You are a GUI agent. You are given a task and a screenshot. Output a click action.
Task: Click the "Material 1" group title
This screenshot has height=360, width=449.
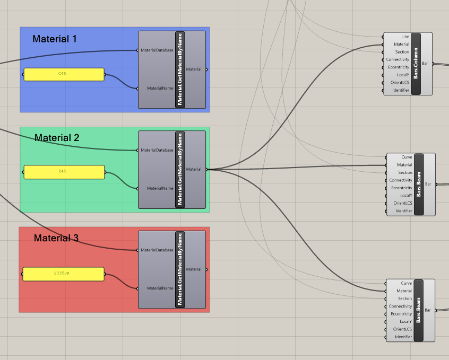click(55, 39)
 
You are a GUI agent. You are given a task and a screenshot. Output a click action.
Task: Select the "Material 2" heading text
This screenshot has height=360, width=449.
click(57, 138)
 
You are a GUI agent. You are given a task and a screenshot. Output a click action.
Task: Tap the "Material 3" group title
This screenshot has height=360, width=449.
click(56, 238)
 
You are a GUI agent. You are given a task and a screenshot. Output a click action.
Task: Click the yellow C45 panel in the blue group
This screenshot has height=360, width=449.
click(64, 74)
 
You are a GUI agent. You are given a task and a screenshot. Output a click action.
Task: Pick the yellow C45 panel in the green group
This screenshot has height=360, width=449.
click(64, 172)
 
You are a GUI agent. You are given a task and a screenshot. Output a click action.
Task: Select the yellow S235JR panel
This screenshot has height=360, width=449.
click(63, 274)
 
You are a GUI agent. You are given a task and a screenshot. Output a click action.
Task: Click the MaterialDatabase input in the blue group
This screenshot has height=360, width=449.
click(157, 50)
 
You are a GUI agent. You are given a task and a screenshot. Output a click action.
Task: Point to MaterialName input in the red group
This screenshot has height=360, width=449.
click(160, 288)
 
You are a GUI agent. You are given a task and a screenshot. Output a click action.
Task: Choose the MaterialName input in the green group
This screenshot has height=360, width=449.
click(160, 188)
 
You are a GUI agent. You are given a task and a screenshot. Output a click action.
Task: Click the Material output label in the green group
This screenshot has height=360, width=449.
click(194, 169)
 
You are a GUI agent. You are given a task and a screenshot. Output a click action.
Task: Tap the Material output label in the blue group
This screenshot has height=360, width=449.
click(194, 69)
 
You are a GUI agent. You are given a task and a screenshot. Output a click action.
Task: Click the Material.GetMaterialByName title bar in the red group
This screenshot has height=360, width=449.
click(180, 269)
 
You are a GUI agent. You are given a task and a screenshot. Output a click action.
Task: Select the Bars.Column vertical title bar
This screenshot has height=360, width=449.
click(416, 64)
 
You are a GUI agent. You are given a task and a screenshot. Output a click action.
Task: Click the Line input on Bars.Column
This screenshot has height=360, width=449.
click(405, 37)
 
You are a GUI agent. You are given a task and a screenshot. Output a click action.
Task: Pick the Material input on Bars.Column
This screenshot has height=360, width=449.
click(401, 45)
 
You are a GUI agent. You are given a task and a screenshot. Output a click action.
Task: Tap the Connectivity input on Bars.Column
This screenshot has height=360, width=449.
click(398, 59)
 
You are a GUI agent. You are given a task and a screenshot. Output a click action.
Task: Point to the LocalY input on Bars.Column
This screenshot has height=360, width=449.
click(403, 75)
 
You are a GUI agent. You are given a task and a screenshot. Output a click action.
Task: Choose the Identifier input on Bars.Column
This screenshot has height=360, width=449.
click(401, 90)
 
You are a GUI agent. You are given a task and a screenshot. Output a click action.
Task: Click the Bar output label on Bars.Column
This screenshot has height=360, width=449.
click(425, 63)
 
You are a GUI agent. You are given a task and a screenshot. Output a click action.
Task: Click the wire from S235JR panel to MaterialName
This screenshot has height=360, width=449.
click(122, 282)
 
